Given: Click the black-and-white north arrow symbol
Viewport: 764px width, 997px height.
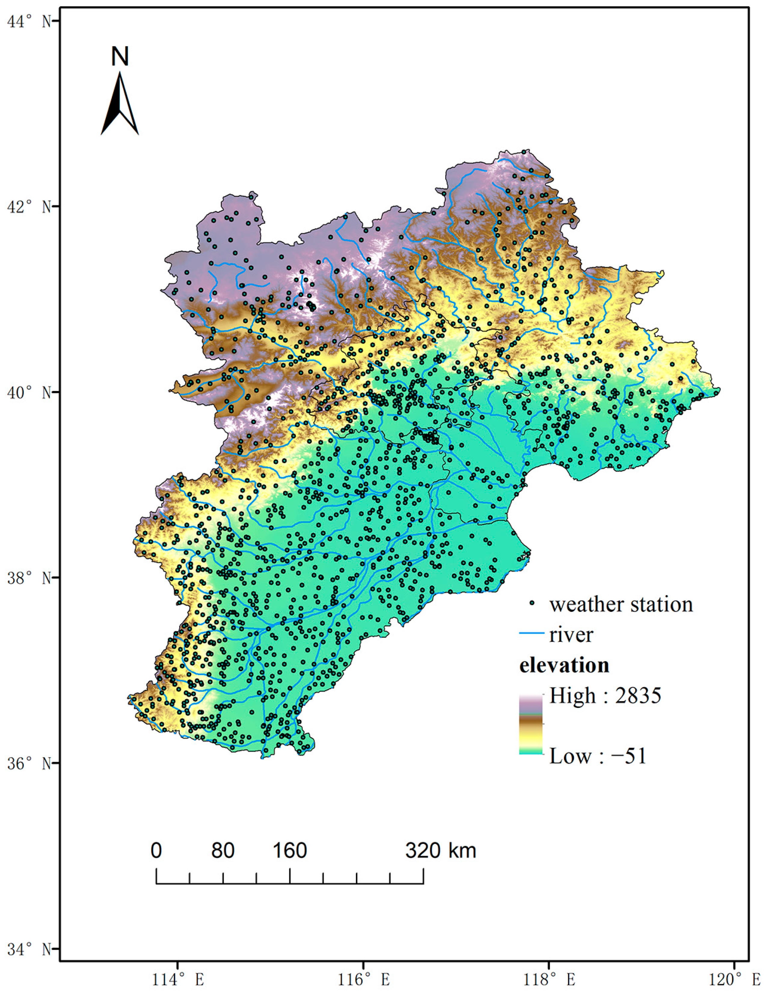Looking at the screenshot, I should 120,105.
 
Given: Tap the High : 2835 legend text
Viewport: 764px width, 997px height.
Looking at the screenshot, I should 605,695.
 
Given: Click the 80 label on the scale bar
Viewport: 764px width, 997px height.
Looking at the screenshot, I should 223,850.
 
